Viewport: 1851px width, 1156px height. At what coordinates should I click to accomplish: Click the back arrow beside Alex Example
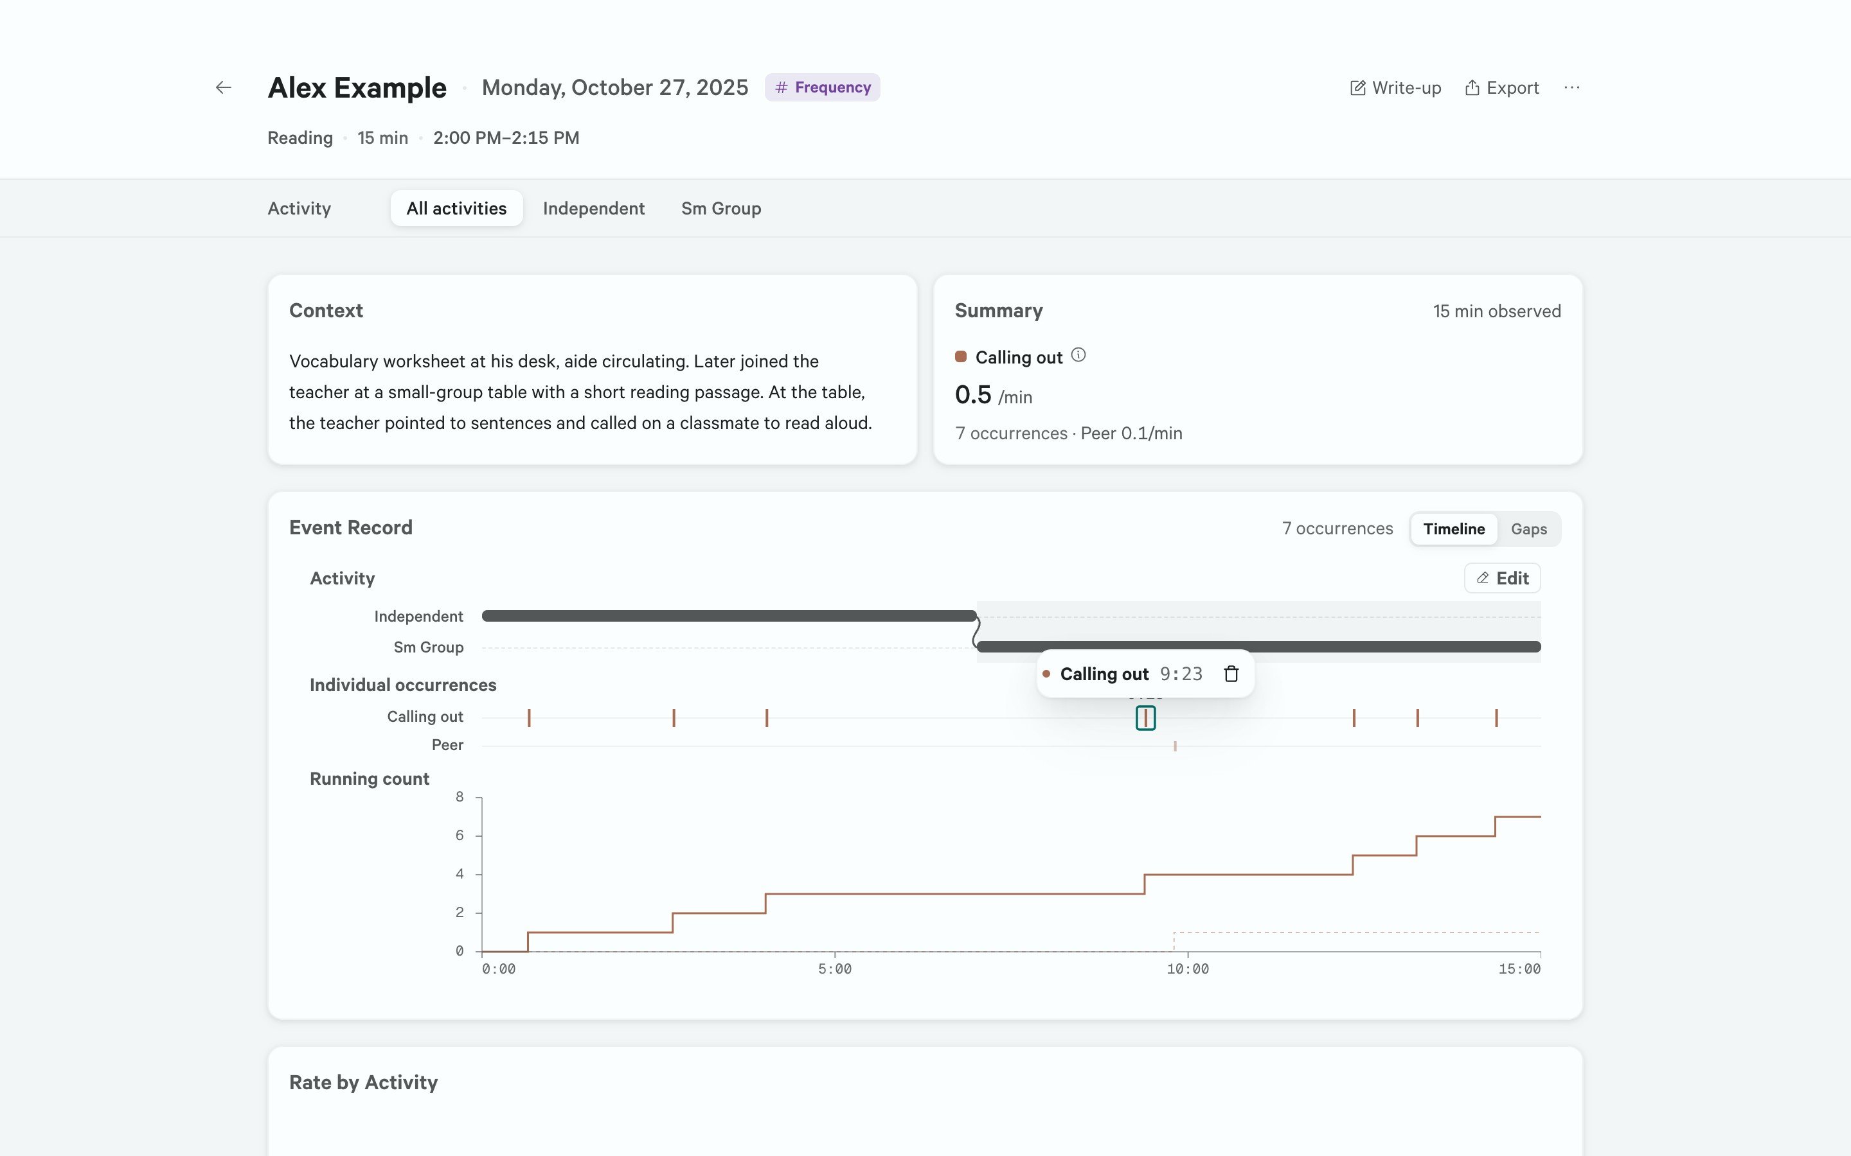[x=224, y=88]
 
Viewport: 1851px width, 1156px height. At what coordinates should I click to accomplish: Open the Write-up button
[x=1395, y=88]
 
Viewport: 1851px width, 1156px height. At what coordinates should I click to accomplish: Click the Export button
[x=1501, y=88]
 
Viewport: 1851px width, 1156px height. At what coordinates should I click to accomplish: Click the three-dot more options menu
[x=1572, y=88]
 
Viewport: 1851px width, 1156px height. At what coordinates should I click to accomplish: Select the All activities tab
[x=456, y=208]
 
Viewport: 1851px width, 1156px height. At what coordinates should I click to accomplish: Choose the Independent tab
[x=594, y=208]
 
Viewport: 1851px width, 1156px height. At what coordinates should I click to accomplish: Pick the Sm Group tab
[x=721, y=208]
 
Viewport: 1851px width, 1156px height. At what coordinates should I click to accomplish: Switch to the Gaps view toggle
[x=1528, y=529]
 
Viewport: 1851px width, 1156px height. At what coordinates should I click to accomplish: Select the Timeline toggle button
[x=1454, y=529]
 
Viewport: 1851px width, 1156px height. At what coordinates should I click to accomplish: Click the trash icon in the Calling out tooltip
[x=1231, y=674]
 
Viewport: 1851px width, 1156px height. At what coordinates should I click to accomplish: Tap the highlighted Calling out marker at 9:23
[x=1145, y=718]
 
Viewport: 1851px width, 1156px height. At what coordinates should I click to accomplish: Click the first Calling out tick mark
[x=528, y=718]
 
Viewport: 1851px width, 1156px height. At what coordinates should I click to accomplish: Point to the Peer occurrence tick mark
[x=1175, y=746]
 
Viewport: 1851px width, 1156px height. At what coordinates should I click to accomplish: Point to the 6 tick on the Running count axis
[x=460, y=836]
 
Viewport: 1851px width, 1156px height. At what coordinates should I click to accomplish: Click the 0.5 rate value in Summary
[x=973, y=394]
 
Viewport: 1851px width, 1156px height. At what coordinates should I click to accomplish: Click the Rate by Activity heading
[x=363, y=1083]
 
